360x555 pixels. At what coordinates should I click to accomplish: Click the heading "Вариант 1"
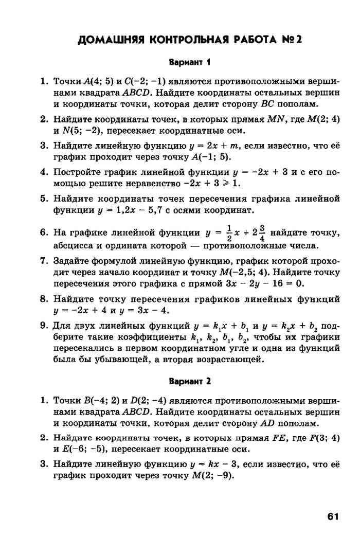point(190,63)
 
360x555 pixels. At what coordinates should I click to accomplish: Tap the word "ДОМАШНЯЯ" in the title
point(107,40)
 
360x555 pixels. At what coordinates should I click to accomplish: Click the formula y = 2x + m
point(208,147)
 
